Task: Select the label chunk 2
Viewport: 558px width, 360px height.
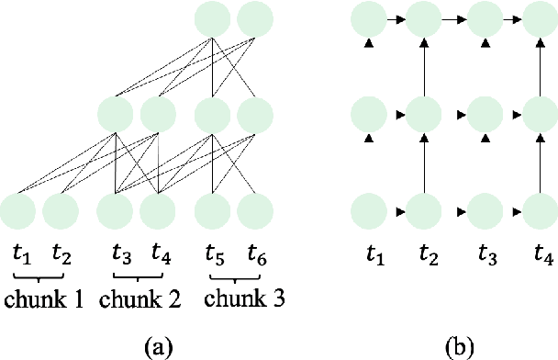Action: [139, 299]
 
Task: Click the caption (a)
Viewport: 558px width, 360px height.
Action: [157, 346]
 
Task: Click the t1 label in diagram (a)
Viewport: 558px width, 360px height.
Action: [20, 253]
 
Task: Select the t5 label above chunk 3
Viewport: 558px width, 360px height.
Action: [214, 253]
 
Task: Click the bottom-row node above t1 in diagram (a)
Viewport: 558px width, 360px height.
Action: [18, 211]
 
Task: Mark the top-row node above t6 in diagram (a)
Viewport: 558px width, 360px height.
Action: [255, 19]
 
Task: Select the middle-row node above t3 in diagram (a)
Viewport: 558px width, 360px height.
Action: [116, 116]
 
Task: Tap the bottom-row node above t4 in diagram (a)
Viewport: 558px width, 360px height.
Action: [158, 211]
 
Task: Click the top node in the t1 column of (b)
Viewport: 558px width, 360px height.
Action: [369, 17]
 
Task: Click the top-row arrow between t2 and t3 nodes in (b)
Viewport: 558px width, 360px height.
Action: [452, 17]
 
